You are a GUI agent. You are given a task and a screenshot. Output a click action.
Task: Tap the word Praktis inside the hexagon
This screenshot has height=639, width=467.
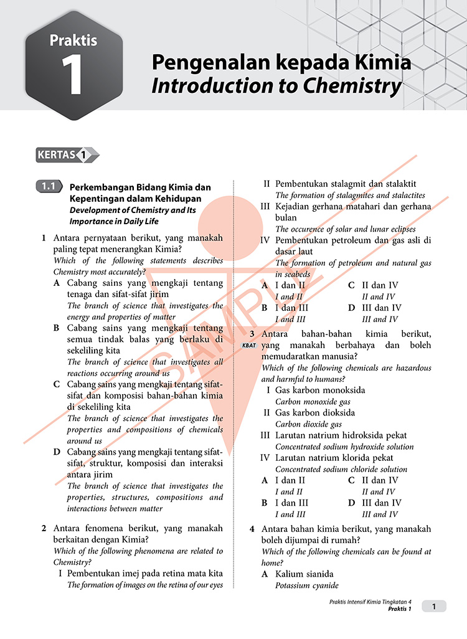pos(73,40)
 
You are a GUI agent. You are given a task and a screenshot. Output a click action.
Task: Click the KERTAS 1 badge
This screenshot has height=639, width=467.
pos(67,154)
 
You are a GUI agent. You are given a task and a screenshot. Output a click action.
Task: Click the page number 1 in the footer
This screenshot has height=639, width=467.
pos(435,606)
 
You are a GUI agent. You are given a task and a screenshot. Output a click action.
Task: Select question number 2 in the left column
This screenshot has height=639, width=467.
pos(44,528)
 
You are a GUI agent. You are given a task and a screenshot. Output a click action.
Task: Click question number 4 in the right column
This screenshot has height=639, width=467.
pos(252,529)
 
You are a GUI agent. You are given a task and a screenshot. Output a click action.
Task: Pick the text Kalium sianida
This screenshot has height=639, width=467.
pos(304,574)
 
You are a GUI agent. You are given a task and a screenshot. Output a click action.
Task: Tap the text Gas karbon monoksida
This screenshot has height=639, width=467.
pos(320,390)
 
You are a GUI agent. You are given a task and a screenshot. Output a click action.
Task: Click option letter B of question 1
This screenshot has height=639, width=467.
pos(57,328)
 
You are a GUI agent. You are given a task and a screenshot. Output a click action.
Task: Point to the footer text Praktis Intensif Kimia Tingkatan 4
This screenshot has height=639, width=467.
pos(371,601)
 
